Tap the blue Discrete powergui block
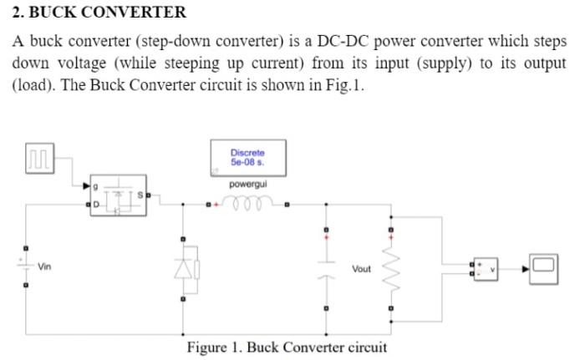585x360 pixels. (x=247, y=156)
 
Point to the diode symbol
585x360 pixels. (x=184, y=267)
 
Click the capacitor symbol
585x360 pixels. (x=327, y=267)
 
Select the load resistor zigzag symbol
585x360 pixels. (x=389, y=269)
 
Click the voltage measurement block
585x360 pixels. (x=486, y=268)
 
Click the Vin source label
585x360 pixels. (x=45, y=267)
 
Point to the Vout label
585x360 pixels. (x=361, y=269)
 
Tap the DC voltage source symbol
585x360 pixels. (x=27, y=267)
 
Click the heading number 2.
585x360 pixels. (x=17, y=13)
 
